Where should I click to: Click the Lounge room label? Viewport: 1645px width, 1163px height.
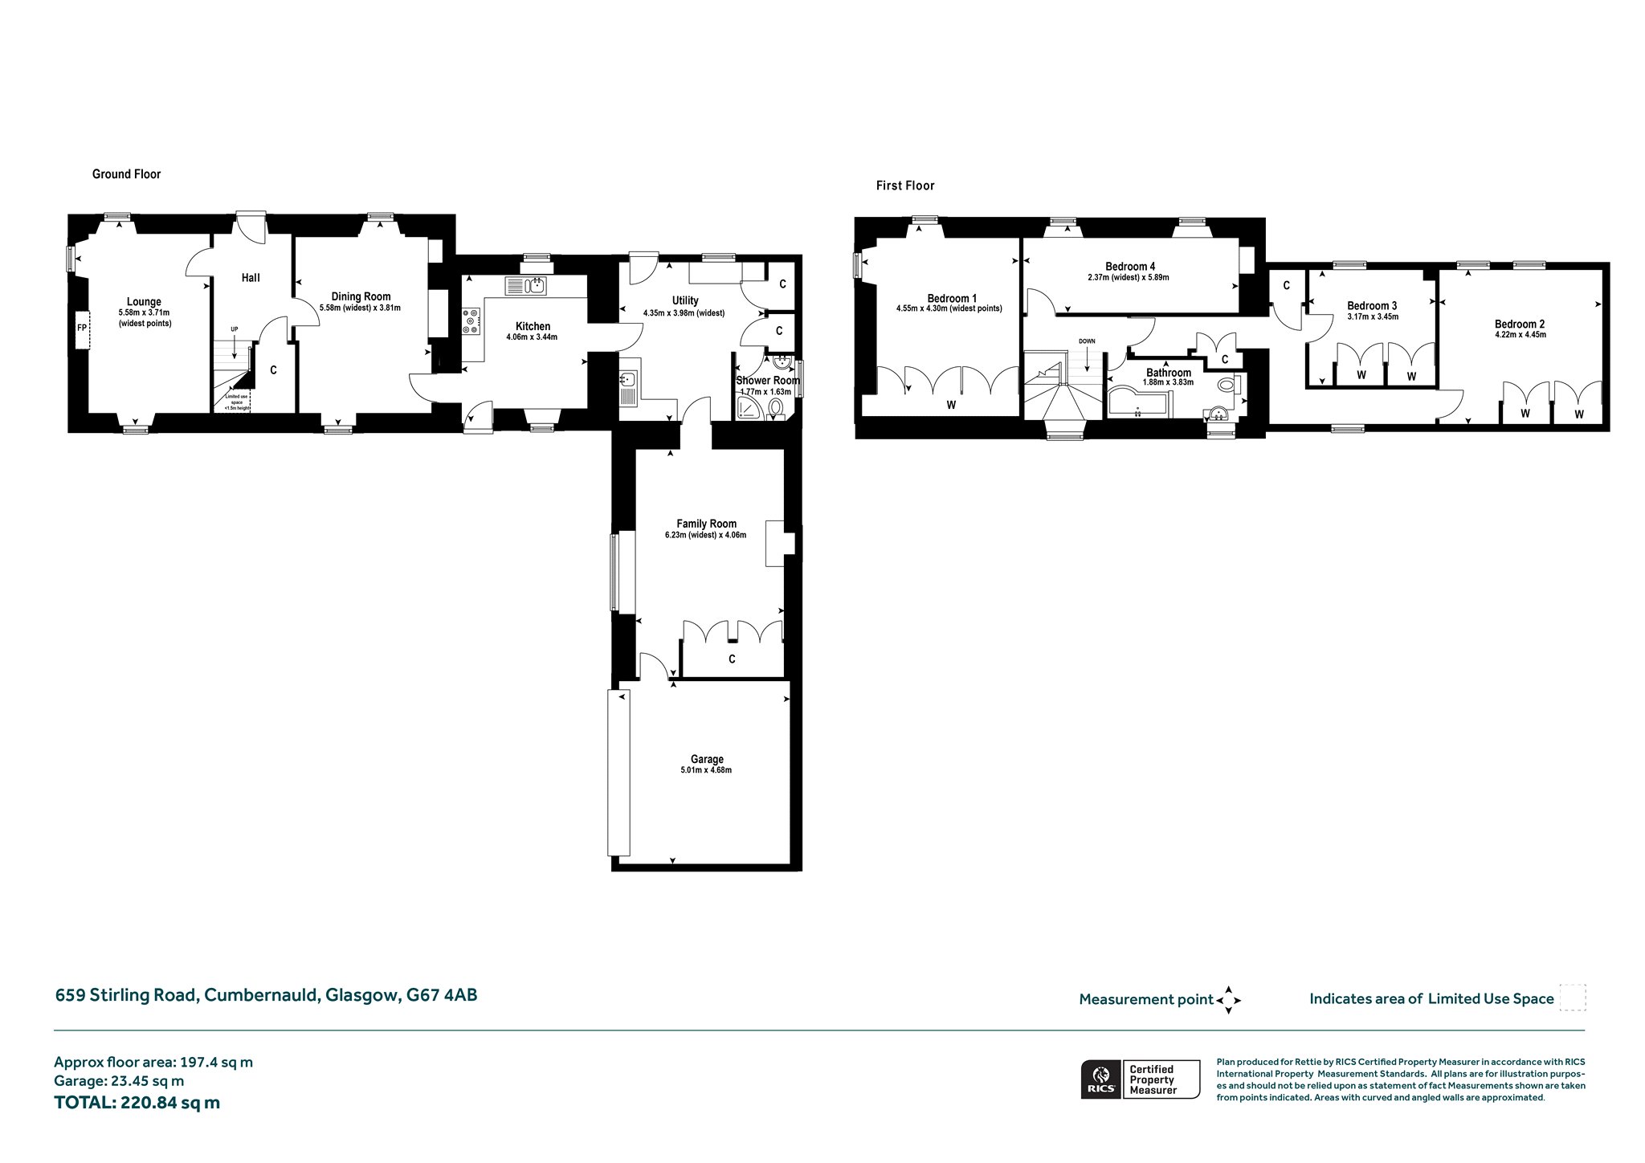click(145, 302)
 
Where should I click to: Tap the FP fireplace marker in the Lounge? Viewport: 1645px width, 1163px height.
click(82, 328)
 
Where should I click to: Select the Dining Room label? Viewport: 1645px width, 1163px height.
click(361, 296)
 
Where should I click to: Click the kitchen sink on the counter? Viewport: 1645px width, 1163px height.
click(526, 285)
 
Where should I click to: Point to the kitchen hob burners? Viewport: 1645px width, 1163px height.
click(471, 321)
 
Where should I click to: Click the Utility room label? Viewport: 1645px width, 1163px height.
click(685, 300)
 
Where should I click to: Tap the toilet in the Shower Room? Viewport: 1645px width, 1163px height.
click(776, 409)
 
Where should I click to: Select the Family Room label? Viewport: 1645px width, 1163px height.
click(706, 524)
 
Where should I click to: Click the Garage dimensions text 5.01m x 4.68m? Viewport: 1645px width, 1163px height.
click(706, 770)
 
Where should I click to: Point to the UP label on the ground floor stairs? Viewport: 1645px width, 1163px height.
click(235, 329)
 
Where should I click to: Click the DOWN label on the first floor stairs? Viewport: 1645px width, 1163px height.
click(1087, 341)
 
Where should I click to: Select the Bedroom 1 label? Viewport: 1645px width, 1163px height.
click(952, 299)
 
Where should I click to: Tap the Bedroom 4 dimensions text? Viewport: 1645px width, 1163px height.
click(1129, 277)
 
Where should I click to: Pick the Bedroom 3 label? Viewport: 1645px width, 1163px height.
click(1372, 306)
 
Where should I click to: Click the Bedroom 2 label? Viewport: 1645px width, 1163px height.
click(1520, 324)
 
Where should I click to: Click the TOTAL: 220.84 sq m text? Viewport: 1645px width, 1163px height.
click(137, 1103)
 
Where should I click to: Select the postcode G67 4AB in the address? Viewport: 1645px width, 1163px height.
click(442, 995)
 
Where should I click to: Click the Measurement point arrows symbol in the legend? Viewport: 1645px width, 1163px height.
click(1229, 1001)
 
